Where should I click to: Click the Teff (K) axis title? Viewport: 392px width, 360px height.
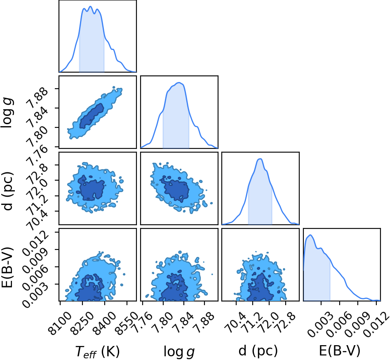98,351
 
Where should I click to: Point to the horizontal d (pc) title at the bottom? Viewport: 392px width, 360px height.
258,351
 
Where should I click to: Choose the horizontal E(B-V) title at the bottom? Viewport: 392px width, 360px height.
340,351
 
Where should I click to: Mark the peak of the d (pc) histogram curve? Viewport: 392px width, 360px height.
260,159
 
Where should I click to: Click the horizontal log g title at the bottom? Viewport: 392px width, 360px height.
179,351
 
